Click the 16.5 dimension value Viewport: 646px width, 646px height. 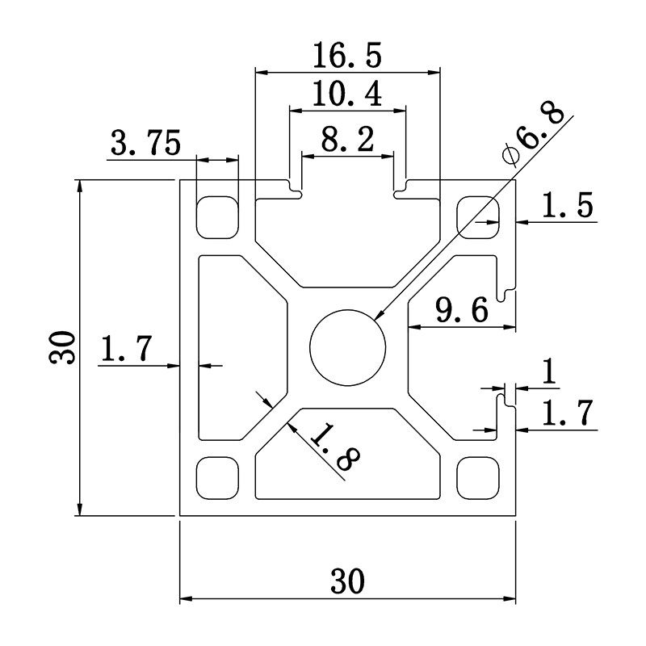[348, 57]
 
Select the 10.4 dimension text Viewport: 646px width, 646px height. [347, 95]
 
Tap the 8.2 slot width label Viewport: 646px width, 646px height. [347, 141]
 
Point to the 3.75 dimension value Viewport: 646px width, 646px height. [146, 145]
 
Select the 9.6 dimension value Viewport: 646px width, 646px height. [461, 311]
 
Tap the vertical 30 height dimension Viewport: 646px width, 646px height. [64, 347]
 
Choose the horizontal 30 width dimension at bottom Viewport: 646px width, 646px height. [347, 580]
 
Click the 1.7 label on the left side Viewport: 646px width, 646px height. [125, 350]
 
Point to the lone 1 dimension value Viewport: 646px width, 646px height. [549, 372]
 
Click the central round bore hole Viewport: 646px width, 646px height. [348, 347]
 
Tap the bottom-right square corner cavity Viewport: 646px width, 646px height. [478, 477]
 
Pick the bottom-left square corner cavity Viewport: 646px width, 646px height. [217, 477]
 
